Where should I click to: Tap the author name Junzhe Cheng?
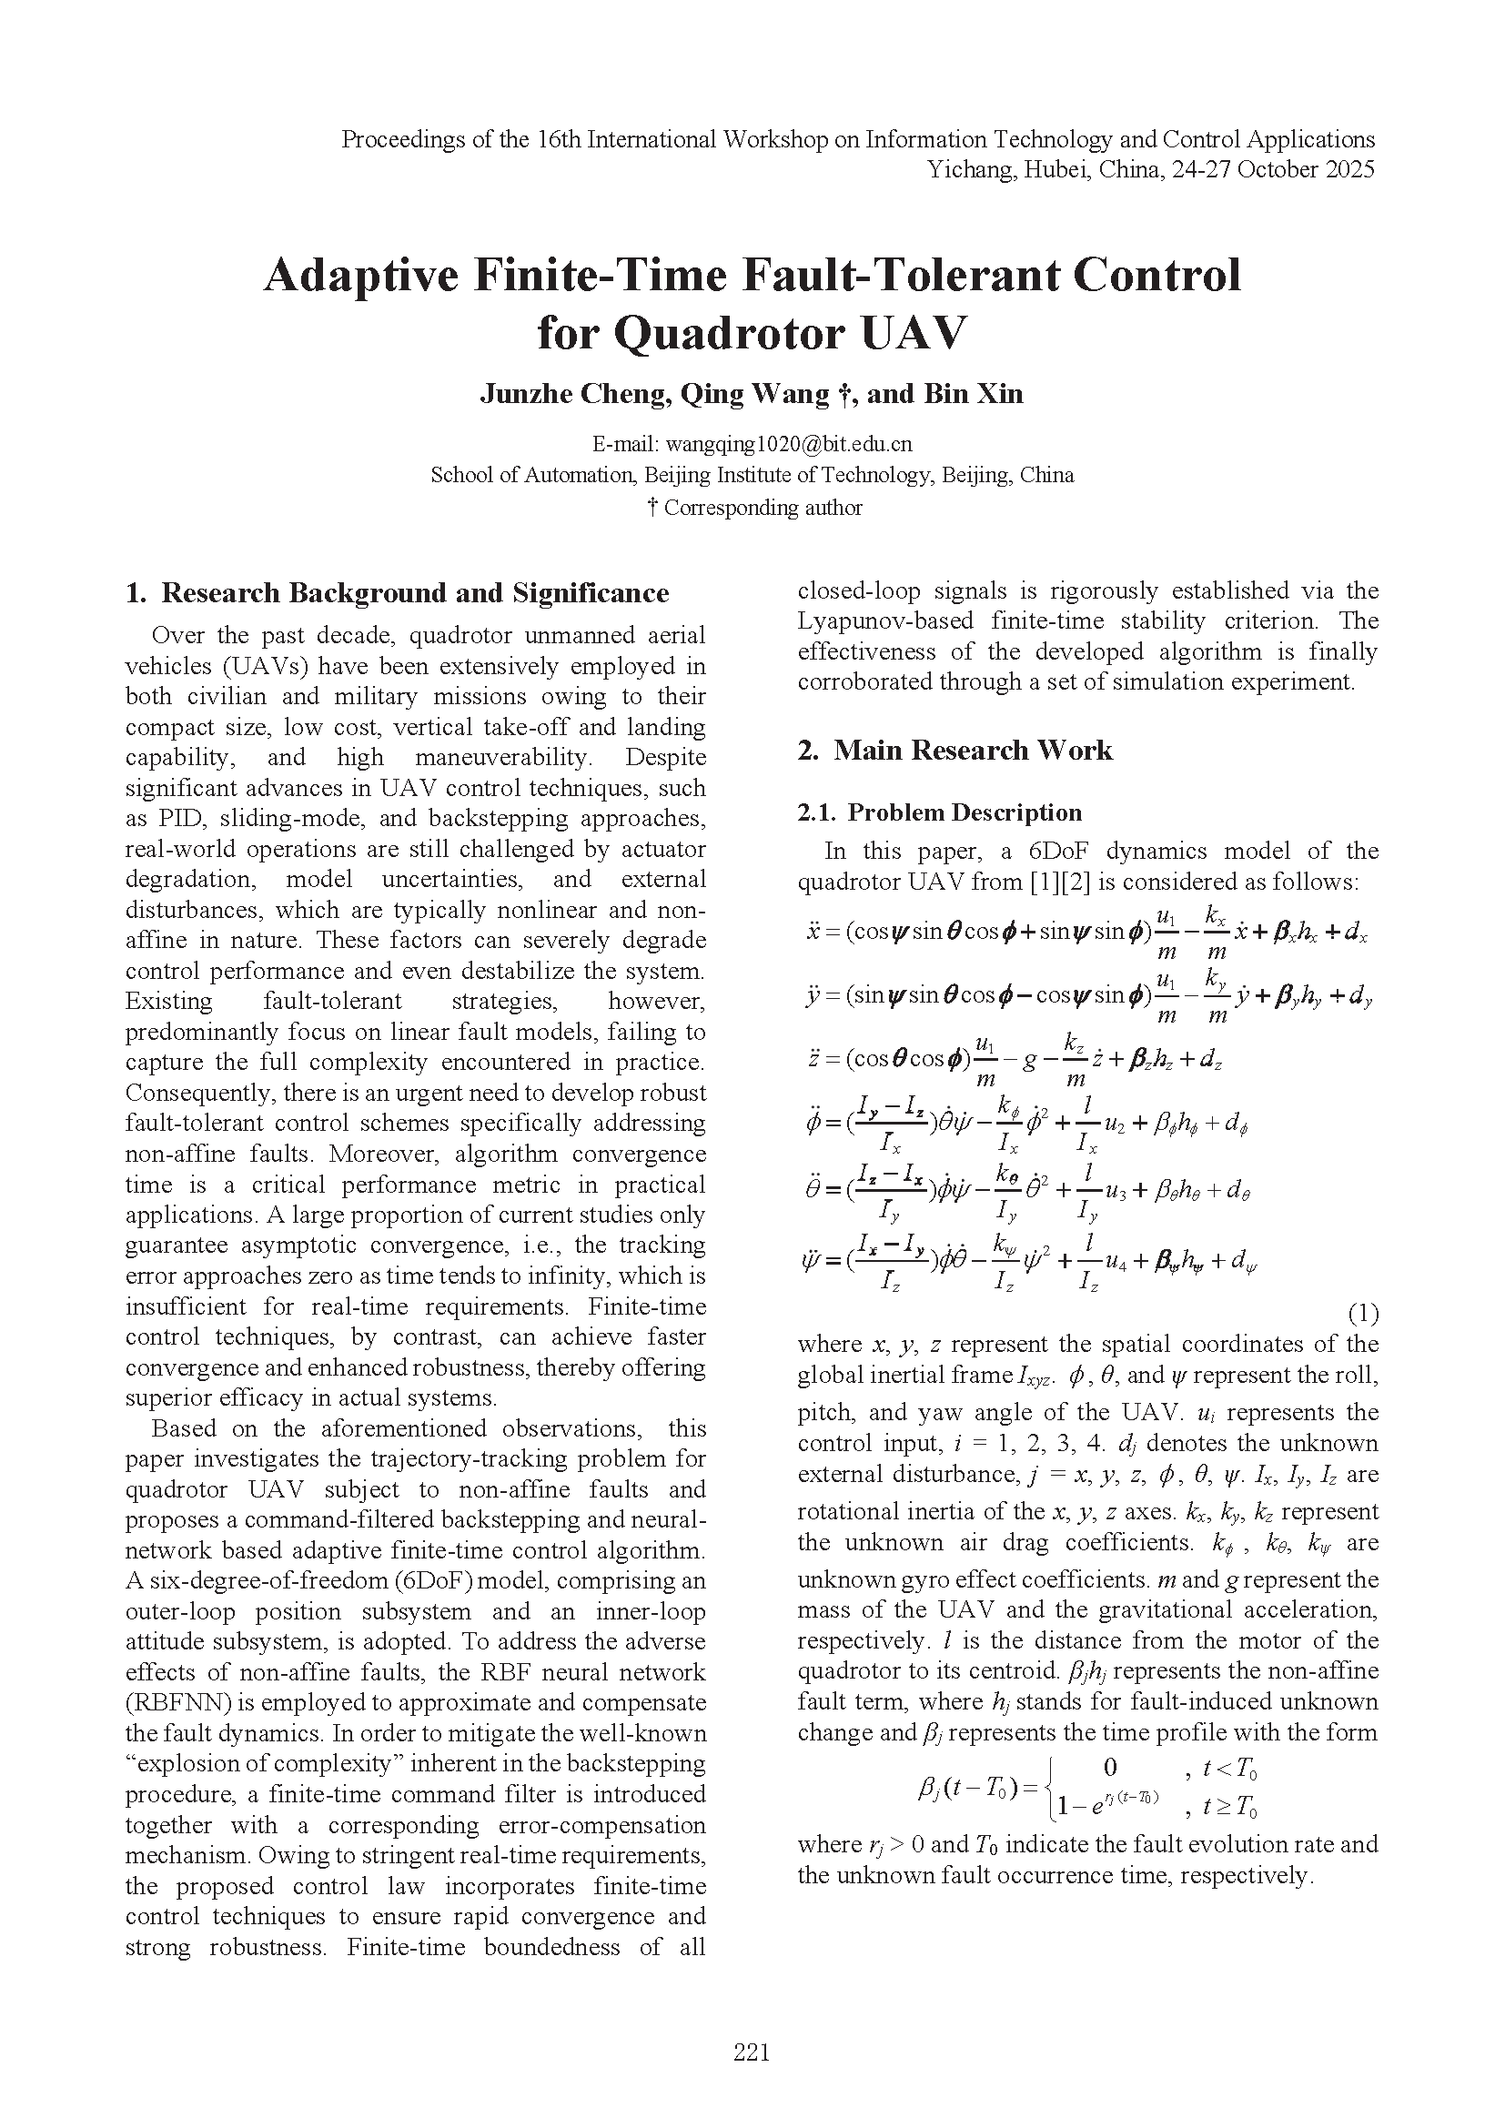pos(574,394)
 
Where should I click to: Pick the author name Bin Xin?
pos(973,394)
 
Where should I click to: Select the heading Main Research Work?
pos(972,750)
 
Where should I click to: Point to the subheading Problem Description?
pos(964,812)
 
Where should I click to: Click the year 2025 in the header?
pos(1349,169)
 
